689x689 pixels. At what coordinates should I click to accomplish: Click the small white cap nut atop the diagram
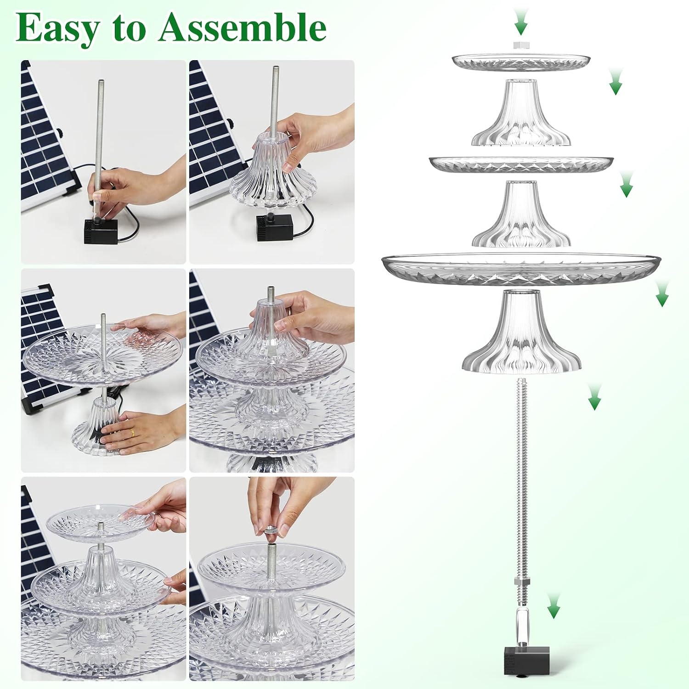[521, 45]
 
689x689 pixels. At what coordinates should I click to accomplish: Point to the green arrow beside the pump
[554, 605]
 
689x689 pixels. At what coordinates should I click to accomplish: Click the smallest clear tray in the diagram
[521, 62]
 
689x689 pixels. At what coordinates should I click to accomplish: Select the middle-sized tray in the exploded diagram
[521, 164]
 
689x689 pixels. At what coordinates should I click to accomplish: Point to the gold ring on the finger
[132, 432]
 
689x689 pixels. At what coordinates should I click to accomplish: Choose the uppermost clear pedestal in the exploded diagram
[521, 113]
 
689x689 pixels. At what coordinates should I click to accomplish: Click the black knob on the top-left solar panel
[59, 133]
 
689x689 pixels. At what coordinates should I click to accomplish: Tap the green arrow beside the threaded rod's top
[595, 397]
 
